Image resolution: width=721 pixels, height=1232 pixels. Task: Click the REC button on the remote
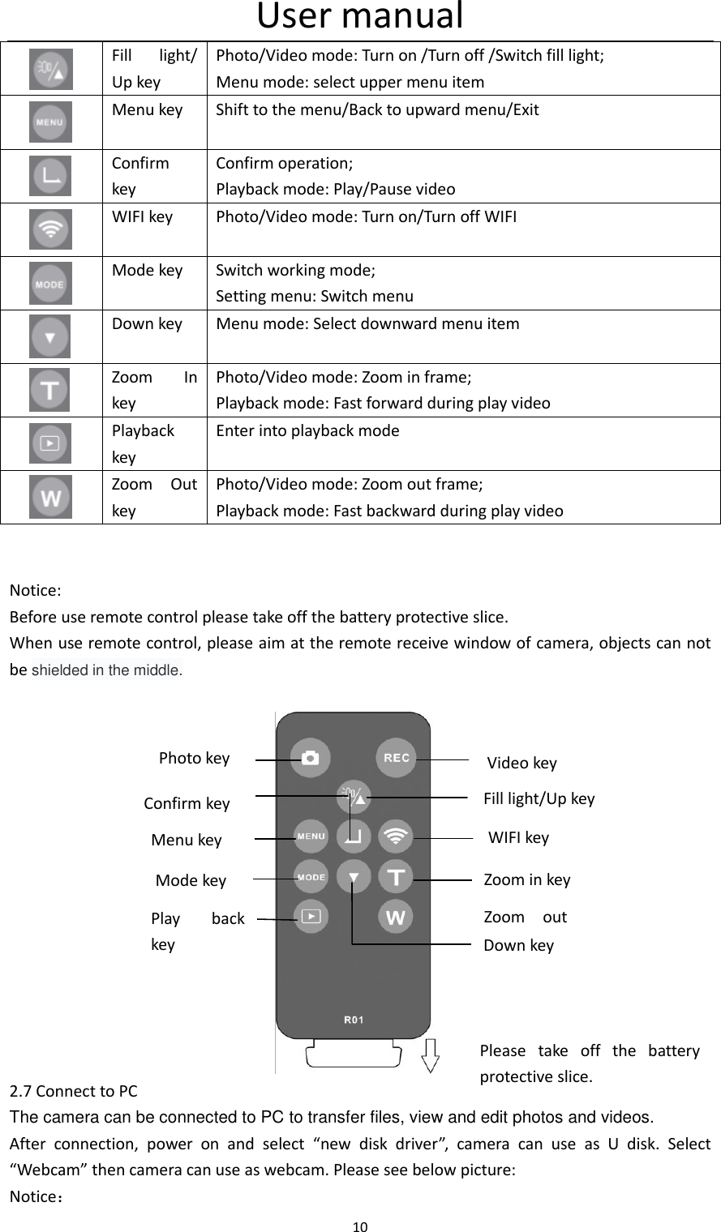pyautogui.click(x=396, y=758)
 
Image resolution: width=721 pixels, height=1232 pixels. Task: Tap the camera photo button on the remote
pyautogui.click(x=310, y=758)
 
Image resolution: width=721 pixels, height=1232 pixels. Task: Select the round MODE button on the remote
pyautogui.click(x=311, y=877)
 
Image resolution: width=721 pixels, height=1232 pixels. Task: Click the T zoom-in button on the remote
pyautogui.click(x=396, y=877)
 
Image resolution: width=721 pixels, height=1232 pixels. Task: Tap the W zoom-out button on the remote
pyautogui.click(x=396, y=918)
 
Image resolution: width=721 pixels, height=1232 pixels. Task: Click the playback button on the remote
pyautogui.click(x=311, y=918)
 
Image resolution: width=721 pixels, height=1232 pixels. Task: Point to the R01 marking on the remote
pyautogui.click(x=354, y=1020)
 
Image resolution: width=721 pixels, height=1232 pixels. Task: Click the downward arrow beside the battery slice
pyautogui.click(x=431, y=1055)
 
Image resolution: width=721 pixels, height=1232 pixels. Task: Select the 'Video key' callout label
pyautogui.click(x=521, y=763)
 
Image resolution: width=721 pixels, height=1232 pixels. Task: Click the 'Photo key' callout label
pyautogui.click(x=194, y=758)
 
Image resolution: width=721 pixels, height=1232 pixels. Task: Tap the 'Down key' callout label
pyautogui.click(x=518, y=945)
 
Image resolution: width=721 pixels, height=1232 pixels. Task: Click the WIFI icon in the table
pyautogui.click(x=50, y=229)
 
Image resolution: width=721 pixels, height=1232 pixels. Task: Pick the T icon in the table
pyautogui.click(x=50, y=390)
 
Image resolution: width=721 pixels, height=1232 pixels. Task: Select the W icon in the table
pyautogui.click(x=50, y=497)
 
